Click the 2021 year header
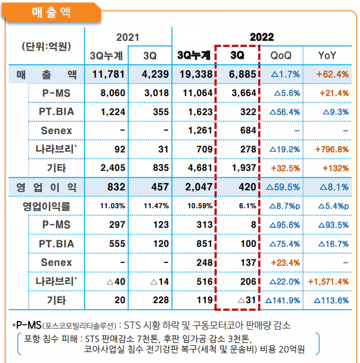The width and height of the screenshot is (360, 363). coord(128,37)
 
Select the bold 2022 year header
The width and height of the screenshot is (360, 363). coord(262,37)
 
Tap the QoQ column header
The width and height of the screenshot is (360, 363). coord(281,55)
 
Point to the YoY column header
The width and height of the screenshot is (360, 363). coord(328,55)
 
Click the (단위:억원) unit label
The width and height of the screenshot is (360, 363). coord(46,46)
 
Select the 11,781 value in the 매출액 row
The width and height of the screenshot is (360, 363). coord(105,74)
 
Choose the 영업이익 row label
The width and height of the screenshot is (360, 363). coord(46,187)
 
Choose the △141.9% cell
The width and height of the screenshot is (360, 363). coord(282,300)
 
